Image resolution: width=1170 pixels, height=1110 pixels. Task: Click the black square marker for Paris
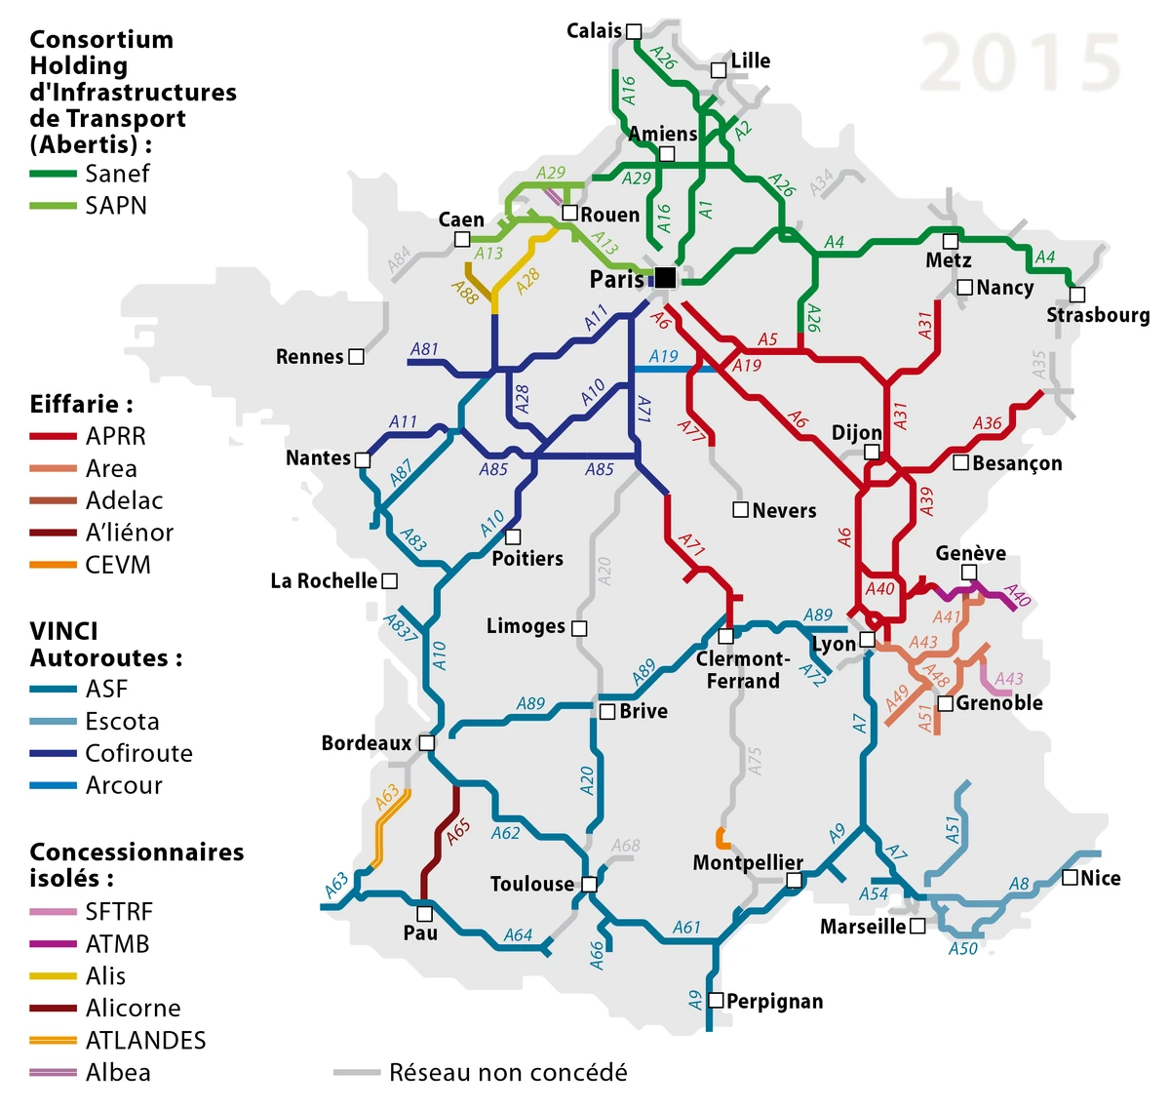coord(665,278)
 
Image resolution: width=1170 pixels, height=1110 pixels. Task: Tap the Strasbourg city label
coord(1097,315)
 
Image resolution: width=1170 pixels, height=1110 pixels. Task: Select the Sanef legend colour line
coord(53,174)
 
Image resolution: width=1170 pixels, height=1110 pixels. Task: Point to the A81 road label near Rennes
coord(424,349)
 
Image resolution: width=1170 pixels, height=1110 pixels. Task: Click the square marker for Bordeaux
coord(426,742)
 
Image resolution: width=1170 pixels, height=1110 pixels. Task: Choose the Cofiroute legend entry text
coord(138,753)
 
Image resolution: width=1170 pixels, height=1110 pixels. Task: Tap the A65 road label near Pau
coord(457,831)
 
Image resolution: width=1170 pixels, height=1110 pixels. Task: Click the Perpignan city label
coord(774,1002)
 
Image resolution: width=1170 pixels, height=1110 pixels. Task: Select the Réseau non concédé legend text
coord(508,1073)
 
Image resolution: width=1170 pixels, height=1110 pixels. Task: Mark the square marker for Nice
coord(1070,877)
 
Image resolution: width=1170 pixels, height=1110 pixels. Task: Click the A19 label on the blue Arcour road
coord(664,356)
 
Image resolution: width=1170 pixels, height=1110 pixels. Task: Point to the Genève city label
coord(970,553)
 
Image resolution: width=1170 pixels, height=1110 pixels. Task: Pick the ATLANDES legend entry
coord(145,1040)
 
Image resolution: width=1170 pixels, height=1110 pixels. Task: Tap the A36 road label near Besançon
coord(987,422)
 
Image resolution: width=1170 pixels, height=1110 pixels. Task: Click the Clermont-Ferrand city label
coord(743,670)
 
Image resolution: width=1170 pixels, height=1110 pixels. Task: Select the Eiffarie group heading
coord(81,404)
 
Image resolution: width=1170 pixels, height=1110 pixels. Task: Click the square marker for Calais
coord(634,31)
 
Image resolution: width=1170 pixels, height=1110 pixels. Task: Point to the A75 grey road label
coord(754,762)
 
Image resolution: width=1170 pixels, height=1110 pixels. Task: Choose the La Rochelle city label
coord(324,581)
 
